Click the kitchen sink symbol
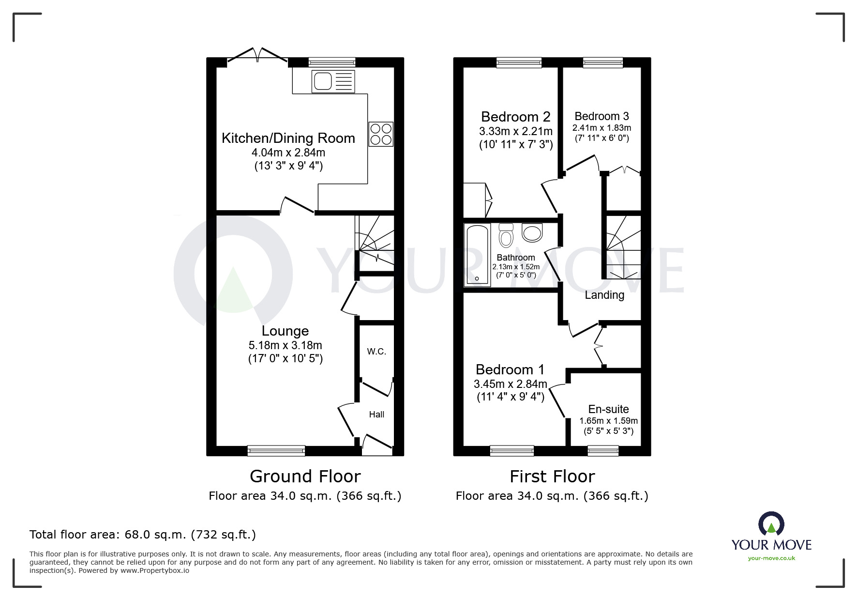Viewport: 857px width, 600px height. point(333,81)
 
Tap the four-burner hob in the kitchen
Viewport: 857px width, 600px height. point(381,134)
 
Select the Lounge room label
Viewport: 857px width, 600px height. point(285,331)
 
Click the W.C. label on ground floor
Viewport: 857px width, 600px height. point(376,352)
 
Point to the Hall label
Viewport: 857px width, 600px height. point(376,415)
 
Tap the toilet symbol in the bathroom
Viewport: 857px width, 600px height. point(506,235)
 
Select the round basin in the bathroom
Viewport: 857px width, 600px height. point(532,233)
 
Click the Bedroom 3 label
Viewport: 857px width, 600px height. point(601,116)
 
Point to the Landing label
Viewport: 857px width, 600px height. point(604,295)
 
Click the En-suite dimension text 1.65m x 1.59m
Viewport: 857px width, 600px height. point(608,421)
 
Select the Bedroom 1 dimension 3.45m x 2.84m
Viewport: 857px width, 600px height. point(510,384)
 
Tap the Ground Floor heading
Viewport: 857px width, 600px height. point(305,477)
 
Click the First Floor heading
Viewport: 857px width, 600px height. point(552,477)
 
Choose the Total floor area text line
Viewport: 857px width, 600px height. point(143,535)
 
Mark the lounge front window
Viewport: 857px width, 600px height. point(276,451)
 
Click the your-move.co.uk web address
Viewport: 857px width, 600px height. point(771,558)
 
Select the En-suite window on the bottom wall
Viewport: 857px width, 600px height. point(603,451)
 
